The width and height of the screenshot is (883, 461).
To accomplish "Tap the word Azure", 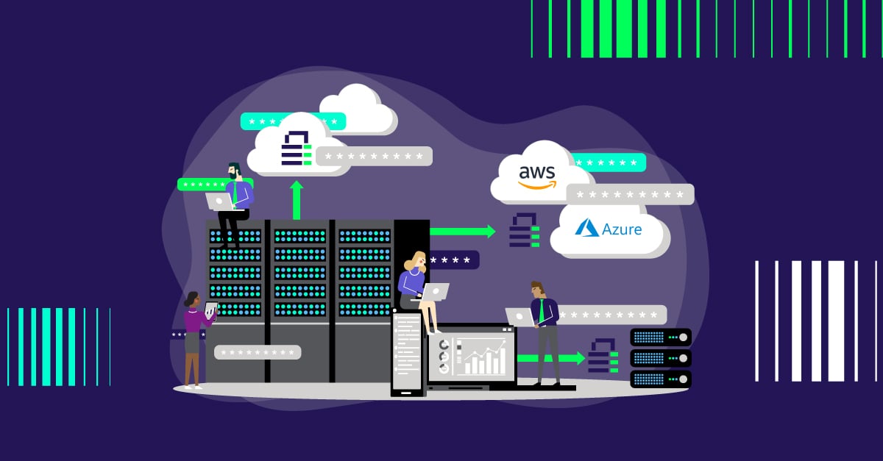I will tap(621, 229).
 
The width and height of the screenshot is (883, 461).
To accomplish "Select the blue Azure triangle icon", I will tap(586, 228).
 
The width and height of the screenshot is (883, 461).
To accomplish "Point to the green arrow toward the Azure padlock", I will tap(463, 232).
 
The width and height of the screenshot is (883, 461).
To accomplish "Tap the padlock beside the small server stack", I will tap(603, 356).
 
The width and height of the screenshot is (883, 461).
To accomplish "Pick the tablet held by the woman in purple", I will tap(210, 310).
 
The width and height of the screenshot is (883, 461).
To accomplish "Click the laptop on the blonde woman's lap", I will tap(435, 292).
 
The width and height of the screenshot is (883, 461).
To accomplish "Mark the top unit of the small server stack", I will tap(661, 337).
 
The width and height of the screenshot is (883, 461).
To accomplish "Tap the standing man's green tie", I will tap(542, 312).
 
